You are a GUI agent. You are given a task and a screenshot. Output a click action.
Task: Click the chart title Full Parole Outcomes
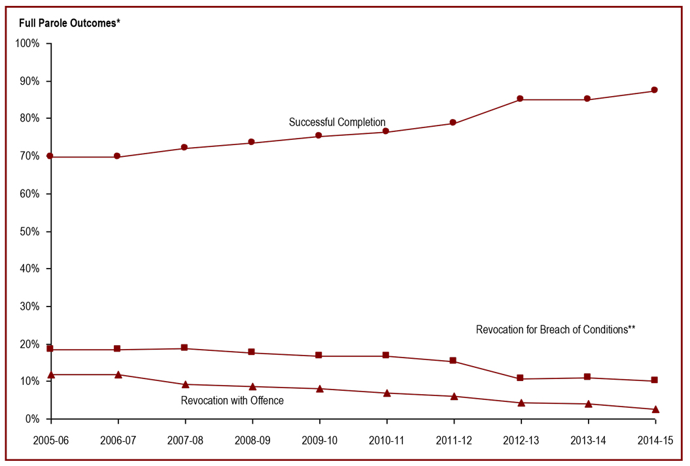pos(69,24)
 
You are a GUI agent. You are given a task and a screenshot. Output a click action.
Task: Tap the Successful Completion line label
pos(337,122)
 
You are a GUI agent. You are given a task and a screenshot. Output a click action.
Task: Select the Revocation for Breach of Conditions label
pos(555,330)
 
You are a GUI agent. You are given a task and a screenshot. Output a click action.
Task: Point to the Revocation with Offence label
pos(232,401)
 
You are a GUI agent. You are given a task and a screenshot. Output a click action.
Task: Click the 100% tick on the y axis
pos(27,44)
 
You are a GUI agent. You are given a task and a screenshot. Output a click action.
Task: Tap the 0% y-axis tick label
pos(32,419)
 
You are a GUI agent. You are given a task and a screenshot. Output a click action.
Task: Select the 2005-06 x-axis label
pos(50,441)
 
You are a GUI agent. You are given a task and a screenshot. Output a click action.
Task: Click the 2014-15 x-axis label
pos(655,441)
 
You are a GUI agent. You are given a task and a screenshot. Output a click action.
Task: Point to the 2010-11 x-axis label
pos(386,441)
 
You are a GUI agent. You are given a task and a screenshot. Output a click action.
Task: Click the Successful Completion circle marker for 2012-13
pos(520,99)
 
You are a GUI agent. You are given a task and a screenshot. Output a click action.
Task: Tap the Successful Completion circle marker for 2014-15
pos(655,90)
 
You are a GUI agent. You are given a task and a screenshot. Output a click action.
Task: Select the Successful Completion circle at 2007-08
pos(184,148)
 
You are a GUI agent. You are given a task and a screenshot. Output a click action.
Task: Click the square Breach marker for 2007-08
pos(184,348)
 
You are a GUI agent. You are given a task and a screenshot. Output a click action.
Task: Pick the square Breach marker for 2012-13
pos(520,378)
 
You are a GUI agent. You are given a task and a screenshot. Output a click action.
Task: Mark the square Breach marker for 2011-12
pos(453,361)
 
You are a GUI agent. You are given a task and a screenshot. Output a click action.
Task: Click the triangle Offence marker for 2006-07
pos(118,374)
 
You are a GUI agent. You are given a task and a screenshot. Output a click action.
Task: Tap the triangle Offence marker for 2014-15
pos(655,409)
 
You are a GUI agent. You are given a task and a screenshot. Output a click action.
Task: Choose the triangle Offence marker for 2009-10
pos(319,388)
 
